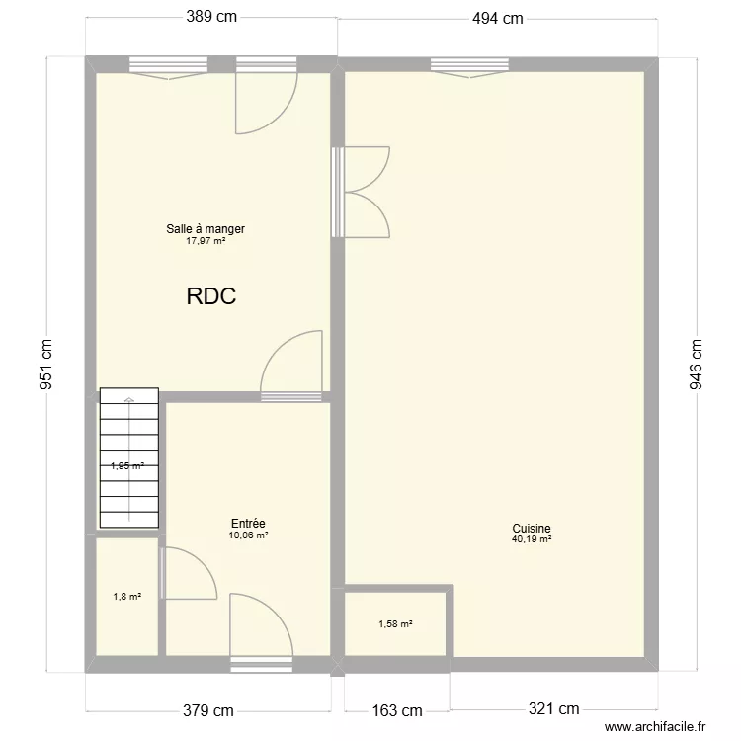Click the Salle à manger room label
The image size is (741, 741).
(206, 229)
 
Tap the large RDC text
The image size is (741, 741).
(210, 296)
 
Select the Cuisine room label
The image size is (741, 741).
(532, 529)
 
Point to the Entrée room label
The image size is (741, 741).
(248, 524)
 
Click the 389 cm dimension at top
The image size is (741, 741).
(211, 17)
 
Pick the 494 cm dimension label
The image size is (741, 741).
(496, 17)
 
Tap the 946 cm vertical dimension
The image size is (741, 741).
(696, 365)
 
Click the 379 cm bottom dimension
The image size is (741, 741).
(208, 709)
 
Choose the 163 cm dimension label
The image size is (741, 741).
(396, 709)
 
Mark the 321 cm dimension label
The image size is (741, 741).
(552, 709)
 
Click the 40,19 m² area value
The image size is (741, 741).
(532, 539)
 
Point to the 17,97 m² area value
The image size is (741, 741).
(206, 240)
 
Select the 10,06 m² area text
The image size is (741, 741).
(248, 535)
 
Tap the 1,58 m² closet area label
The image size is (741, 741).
(395, 623)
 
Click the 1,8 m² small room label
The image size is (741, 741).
(126, 596)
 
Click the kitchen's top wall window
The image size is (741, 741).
(470, 65)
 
